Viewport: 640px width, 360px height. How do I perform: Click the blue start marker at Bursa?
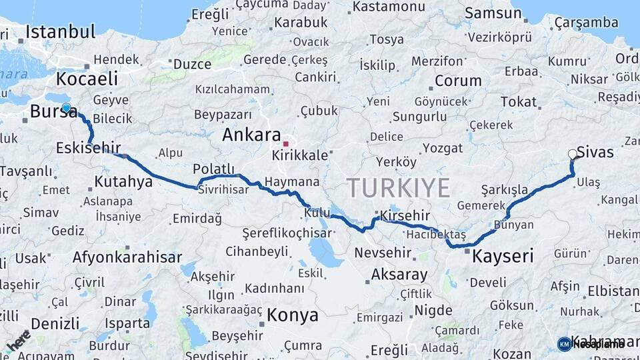66,107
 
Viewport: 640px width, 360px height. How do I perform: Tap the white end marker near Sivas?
572,155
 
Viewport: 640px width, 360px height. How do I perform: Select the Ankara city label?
251,135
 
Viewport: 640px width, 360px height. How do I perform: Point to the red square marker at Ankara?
285,143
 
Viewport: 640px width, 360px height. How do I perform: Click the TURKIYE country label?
398,188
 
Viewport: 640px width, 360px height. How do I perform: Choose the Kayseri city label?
503,256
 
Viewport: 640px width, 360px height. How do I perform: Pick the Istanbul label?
61,31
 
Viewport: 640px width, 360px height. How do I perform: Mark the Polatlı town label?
214,169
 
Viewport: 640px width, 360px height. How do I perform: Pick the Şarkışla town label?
504,189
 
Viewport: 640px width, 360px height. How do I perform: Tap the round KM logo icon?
564,344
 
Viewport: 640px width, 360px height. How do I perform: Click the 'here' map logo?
18,340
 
